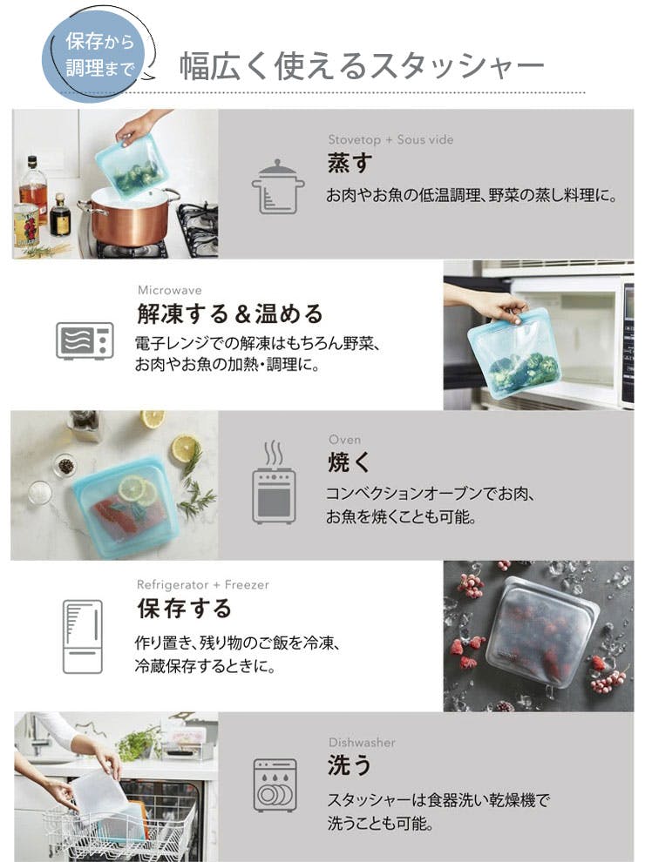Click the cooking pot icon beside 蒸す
click(x=277, y=187)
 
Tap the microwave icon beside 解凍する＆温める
click(x=85, y=340)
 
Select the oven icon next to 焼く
click(x=274, y=482)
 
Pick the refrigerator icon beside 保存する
click(x=83, y=636)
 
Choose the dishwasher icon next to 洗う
click(x=275, y=785)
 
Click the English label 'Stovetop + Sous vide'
click(x=390, y=139)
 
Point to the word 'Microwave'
click(x=169, y=290)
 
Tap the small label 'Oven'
click(x=344, y=439)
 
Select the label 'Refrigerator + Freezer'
click(x=202, y=584)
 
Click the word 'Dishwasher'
click(x=362, y=742)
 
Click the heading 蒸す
click(x=350, y=164)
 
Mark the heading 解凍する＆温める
click(x=229, y=314)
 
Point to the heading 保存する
click(x=185, y=609)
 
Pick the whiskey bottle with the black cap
click(x=59, y=215)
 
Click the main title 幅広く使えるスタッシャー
click(x=362, y=66)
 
